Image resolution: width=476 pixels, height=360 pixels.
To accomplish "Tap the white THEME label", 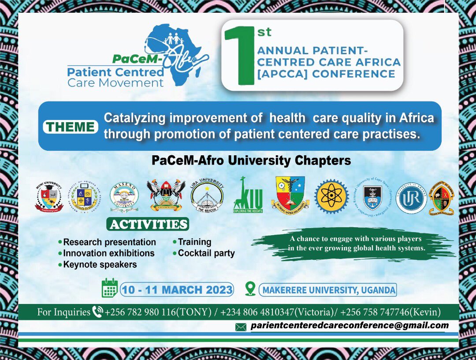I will tap(71, 127).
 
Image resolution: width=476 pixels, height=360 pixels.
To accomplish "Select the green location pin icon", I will tap(250, 289).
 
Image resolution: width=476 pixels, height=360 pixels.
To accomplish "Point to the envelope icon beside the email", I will tap(241, 327).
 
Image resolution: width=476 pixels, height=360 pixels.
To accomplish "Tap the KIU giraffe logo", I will tap(248, 196).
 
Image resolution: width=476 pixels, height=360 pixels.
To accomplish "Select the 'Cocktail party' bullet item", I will tap(206, 253).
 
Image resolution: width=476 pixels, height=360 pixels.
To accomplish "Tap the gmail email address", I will tap(350, 326).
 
